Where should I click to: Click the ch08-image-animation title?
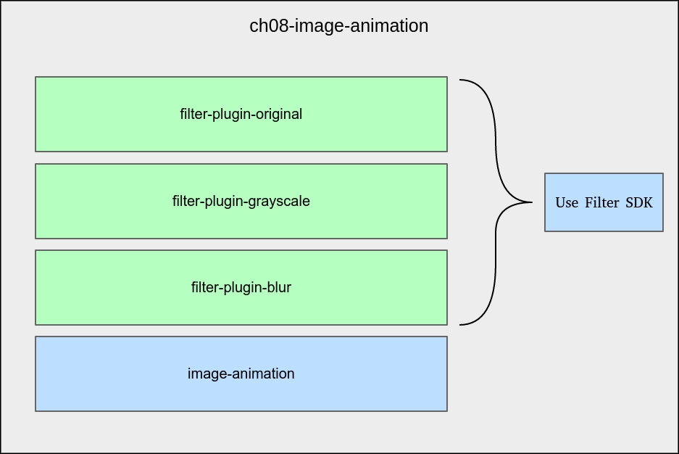(x=338, y=26)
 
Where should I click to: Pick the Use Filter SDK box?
(x=604, y=218)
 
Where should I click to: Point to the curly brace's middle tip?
(x=531, y=202)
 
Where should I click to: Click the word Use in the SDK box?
(x=567, y=202)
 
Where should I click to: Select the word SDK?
(x=639, y=202)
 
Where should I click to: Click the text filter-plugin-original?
(x=241, y=114)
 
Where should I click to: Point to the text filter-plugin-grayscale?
(x=241, y=201)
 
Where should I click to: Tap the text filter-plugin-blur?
(x=241, y=287)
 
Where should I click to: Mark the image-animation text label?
(x=241, y=373)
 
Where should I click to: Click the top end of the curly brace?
(x=462, y=80)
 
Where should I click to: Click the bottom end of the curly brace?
(x=462, y=324)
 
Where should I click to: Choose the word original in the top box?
(x=278, y=114)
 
